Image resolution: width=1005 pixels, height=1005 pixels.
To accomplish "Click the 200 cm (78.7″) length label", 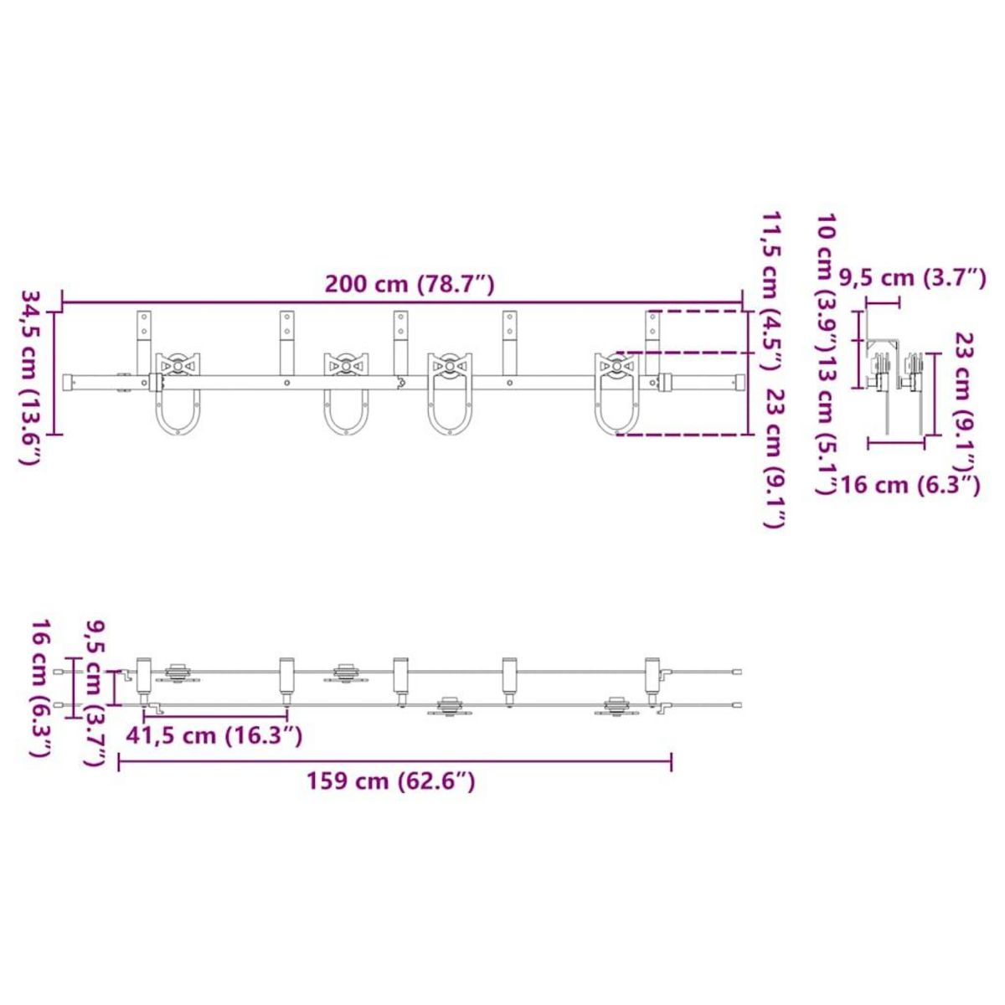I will tap(410, 285).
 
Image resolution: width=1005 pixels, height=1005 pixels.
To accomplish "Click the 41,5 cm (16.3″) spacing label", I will tap(214, 736).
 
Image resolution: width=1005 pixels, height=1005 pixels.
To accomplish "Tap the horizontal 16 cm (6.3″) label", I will tap(910, 484).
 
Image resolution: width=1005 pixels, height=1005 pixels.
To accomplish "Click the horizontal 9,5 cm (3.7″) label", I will tap(913, 277).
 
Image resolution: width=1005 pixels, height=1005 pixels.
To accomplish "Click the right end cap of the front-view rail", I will tap(737, 383).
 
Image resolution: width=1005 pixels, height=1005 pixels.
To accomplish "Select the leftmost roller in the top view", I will tap(178, 673).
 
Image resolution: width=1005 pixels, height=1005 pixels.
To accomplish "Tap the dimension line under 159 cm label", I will tap(394, 761).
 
